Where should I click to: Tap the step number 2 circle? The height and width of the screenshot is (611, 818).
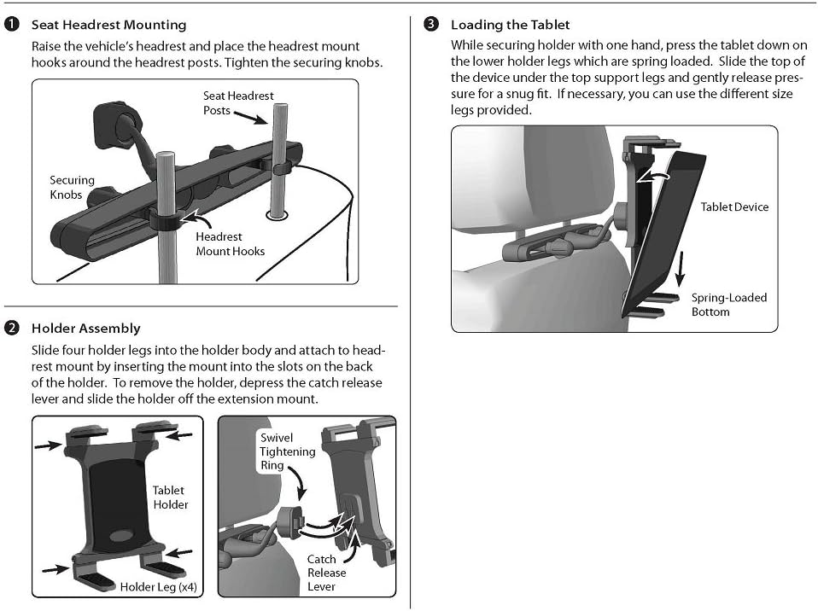point(12,328)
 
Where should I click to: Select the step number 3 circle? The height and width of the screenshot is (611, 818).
point(431,25)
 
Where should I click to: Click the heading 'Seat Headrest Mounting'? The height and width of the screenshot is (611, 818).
point(108,26)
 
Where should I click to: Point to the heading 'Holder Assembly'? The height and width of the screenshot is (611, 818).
point(85,328)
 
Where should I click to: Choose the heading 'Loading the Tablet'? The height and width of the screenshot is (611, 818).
point(510,25)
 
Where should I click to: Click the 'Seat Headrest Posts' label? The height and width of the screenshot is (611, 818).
point(238,103)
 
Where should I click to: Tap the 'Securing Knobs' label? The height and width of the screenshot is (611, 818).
point(72,187)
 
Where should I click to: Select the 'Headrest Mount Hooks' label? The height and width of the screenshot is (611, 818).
point(230,243)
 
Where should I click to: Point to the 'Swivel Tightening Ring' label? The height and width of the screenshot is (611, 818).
point(288,451)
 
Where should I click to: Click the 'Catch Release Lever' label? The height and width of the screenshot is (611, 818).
point(321,573)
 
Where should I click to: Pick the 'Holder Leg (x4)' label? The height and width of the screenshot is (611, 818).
point(159,586)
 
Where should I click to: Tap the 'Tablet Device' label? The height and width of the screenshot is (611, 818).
point(734,207)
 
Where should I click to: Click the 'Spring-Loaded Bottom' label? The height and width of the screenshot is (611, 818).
point(728,305)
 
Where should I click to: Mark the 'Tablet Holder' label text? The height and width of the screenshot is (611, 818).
point(169,497)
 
